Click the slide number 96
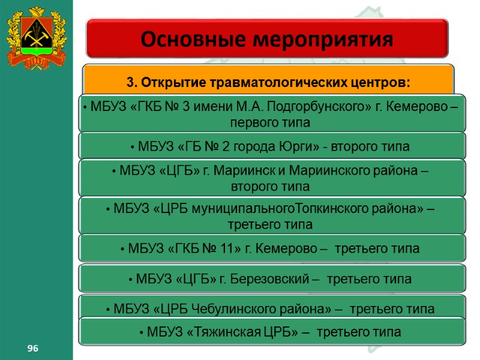[x=28, y=349]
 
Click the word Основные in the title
[x=191, y=40]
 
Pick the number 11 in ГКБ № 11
[x=229, y=248]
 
